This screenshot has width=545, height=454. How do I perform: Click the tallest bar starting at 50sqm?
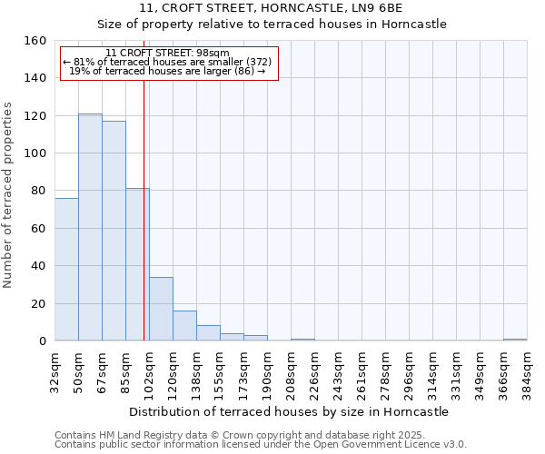(90, 227)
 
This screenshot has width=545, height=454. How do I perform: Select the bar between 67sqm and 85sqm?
(114, 231)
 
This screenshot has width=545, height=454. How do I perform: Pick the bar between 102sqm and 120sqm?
(161, 309)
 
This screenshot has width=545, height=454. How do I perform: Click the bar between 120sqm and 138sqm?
(184, 326)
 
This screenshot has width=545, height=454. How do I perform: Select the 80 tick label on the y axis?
(40, 191)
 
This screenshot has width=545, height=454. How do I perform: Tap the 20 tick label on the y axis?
(40, 303)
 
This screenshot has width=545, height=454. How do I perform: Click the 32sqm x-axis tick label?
(54, 368)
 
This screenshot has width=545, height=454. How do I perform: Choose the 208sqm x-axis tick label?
(291, 368)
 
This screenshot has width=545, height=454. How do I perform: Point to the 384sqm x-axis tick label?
(527, 368)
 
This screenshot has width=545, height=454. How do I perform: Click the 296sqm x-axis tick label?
(409, 368)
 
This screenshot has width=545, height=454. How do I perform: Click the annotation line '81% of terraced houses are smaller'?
(168, 62)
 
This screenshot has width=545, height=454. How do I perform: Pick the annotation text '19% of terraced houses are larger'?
(168, 71)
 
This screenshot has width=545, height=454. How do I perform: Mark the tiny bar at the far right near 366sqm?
(515, 340)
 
